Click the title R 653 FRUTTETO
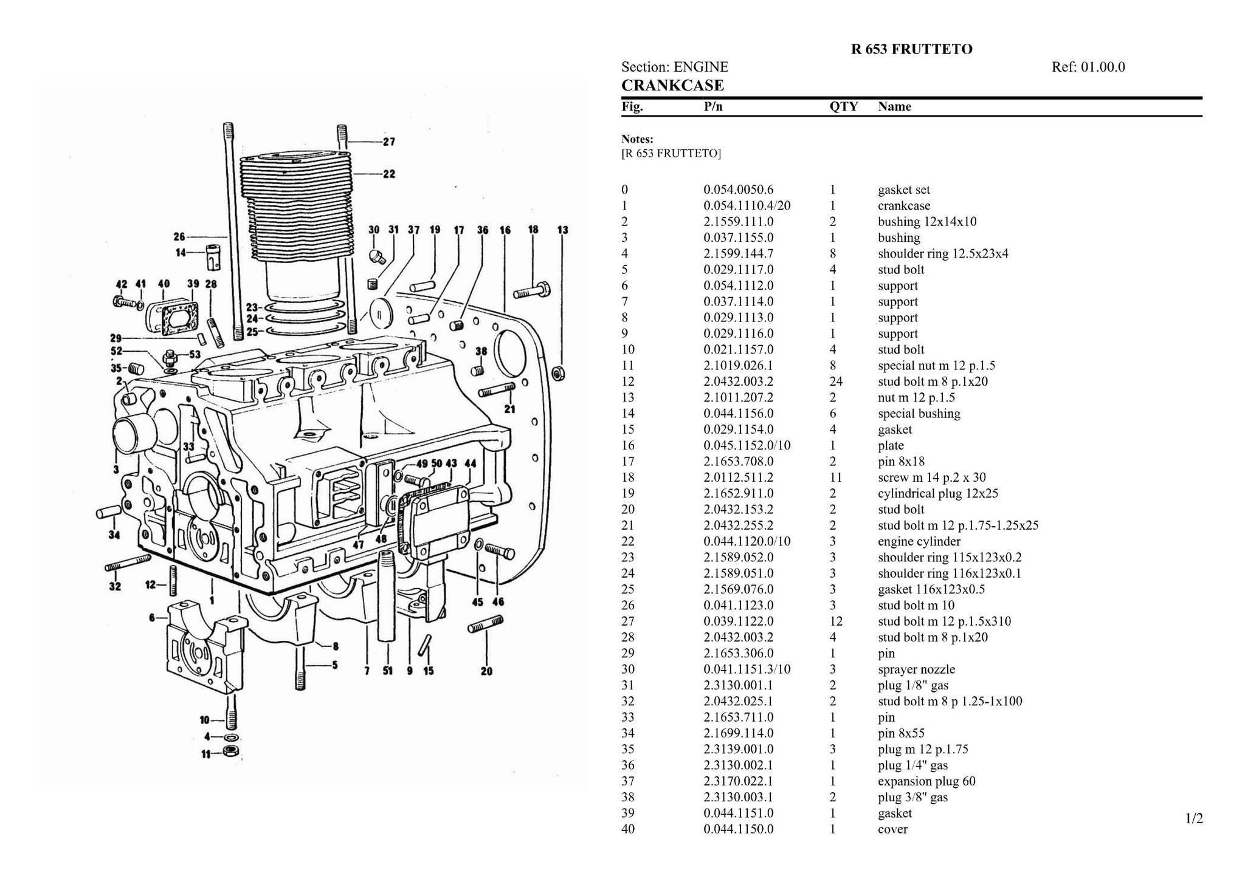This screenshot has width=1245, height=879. pos(911,49)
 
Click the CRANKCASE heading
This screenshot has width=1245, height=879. pos(672,85)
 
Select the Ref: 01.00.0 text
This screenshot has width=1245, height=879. pos(1088,67)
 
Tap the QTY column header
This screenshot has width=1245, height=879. pos(843,107)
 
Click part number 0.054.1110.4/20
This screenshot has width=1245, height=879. pos(747,206)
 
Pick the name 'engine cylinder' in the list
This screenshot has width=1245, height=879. pos(919,541)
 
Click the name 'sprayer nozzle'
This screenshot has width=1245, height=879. pos(916,669)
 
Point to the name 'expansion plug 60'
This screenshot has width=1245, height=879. pos(926,781)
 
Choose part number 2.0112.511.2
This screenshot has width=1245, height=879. pos(738,477)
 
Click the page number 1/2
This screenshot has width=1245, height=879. pos(1194,819)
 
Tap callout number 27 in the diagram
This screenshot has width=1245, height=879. pos(389,142)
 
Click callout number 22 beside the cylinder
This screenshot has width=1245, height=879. pos(389,174)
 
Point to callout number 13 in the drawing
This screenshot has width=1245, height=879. pos(563,230)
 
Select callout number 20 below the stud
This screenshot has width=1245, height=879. pos(486,671)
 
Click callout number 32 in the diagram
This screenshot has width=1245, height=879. pos(115,586)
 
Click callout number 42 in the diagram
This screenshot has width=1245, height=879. pos(122,284)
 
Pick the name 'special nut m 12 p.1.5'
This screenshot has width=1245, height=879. pos(936,366)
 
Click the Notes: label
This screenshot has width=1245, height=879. pos(637,139)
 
